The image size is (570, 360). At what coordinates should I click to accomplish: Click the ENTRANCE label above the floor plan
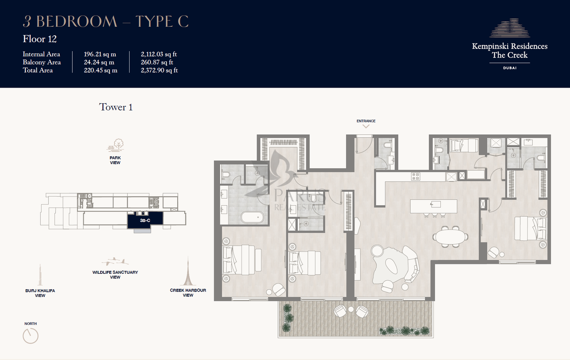(366, 121)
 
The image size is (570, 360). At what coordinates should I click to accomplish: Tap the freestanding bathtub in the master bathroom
(252, 217)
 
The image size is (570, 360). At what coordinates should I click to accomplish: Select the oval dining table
(450, 236)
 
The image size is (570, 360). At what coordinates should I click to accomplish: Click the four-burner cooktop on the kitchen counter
(415, 177)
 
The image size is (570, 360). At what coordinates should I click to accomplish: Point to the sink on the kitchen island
(436, 204)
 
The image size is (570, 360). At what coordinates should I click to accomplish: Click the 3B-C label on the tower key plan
(145, 220)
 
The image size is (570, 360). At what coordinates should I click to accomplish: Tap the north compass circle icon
(31, 336)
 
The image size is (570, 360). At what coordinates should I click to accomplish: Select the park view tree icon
(115, 145)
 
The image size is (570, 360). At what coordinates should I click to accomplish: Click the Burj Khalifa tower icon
(40, 275)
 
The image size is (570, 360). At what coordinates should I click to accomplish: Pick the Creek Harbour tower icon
(188, 271)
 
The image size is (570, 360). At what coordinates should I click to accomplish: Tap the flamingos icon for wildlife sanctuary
(115, 261)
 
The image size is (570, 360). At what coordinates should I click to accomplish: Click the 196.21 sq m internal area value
(100, 54)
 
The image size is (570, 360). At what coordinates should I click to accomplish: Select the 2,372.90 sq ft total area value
(159, 70)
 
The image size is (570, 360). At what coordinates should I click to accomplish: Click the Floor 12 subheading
(40, 39)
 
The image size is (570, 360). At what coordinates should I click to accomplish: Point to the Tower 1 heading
(116, 107)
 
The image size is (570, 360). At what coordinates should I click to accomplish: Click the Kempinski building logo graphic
(510, 28)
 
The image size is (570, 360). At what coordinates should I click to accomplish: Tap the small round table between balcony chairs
(351, 309)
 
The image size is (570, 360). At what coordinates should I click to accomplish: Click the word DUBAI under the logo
(510, 68)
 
